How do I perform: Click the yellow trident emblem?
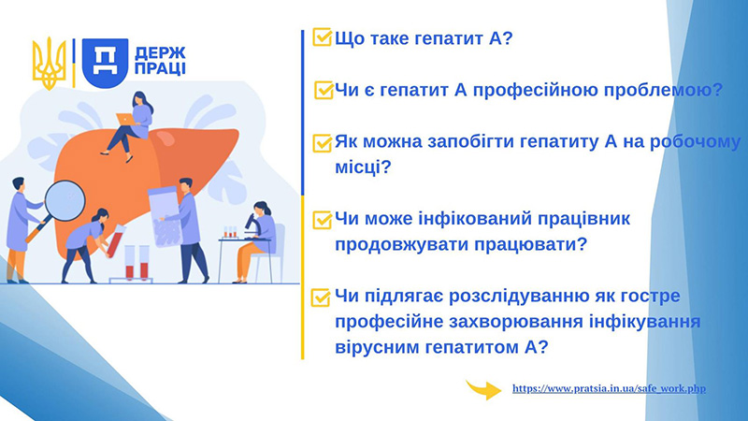pyautogui.click(x=49, y=63)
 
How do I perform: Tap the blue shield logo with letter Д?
pyautogui.click(x=105, y=63)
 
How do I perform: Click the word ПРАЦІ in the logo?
pyautogui.click(x=160, y=68)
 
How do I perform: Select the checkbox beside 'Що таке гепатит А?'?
pyautogui.click(x=322, y=36)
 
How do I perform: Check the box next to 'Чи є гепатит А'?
pyautogui.click(x=324, y=89)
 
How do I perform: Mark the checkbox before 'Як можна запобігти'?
pyautogui.click(x=322, y=143)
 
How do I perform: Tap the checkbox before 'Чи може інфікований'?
pyautogui.click(x=322, y=220)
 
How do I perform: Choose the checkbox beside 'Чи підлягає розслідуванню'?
pyautogui.click(x=321, y=297)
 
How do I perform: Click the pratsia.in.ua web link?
pyautogui.click(x=609, y=388)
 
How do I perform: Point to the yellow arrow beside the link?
pyautogui.click(x=483, y=389)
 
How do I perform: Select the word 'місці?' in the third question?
pyautogui.click(x=363, y=167)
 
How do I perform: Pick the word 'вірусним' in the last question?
pyautogui.click(x=372, y=347)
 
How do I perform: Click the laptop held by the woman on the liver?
pyautogui.click(x=125, y=119)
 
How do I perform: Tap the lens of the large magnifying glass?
pyautogui.click(x=65, y=201)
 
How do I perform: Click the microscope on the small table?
pyautogui.click(x=252, y=226)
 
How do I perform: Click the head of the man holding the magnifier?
pyautogui.click(x=18, y=183)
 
